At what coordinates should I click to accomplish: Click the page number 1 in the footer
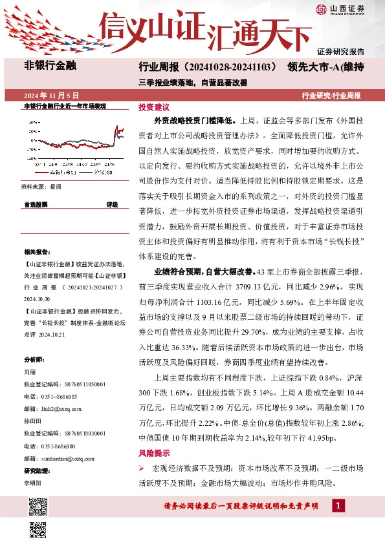point(339,506)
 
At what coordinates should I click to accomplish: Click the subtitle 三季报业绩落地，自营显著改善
point(193,82)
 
